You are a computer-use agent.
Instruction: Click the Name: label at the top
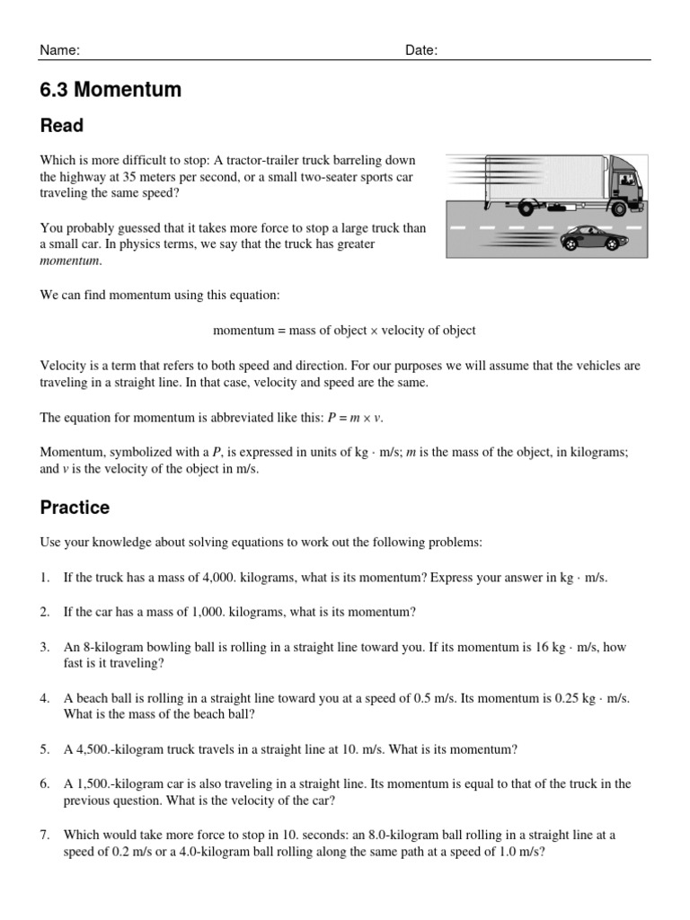tap(60, 50)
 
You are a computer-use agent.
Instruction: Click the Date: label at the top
tap(421, 50)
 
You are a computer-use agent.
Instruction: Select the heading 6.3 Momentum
tap(111, 90)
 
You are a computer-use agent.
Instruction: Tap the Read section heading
tap(62, 126)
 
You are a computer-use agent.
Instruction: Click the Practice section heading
tap(75, 508)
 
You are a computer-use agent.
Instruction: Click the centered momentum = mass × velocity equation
tap(344, 331)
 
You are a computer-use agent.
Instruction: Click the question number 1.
tap(44, 578)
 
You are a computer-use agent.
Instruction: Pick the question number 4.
tap(44, 698)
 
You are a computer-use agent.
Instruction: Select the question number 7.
tap(44, 836)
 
